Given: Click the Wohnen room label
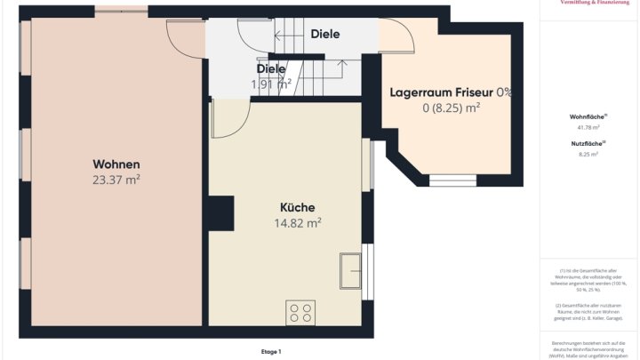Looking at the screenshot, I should click(x=116, y=164).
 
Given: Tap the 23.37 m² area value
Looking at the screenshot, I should click(x=116, y=180).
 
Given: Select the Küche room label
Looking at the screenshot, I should click(x=298, y=208).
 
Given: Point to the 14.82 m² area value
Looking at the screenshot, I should click(x=298, y=223).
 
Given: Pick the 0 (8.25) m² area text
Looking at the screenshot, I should click(x=451, y=108).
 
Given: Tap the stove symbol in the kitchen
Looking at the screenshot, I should click(x=300, y=312).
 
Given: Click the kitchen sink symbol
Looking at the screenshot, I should click(x=350, y=269).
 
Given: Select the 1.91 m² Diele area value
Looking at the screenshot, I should click(x=271, y=84).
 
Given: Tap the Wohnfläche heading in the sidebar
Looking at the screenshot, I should click(x=588, y=116).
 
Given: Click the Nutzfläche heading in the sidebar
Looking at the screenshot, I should click(x=588, y=143).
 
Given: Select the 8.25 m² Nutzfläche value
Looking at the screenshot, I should click(x=588, y=155).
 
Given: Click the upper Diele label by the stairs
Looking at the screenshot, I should click(x=325, y=35).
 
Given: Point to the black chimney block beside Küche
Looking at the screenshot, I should click(x=220, y=213).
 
